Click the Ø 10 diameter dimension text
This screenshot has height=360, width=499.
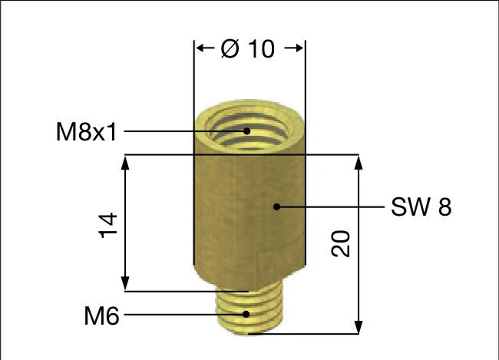tap(248, 48)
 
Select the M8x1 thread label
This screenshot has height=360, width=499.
tap(86, 132)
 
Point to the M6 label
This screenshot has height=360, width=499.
tap(101, 315)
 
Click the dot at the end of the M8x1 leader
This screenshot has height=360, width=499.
tap(247, 130)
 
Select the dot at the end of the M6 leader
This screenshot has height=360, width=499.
tap(246, 314)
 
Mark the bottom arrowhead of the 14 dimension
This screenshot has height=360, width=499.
tap(124, 285)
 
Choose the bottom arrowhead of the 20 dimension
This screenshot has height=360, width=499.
tap(358, 328)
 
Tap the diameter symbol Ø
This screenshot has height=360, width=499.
tap(230, 48)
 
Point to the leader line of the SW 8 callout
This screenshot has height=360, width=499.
tap(330, 206)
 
